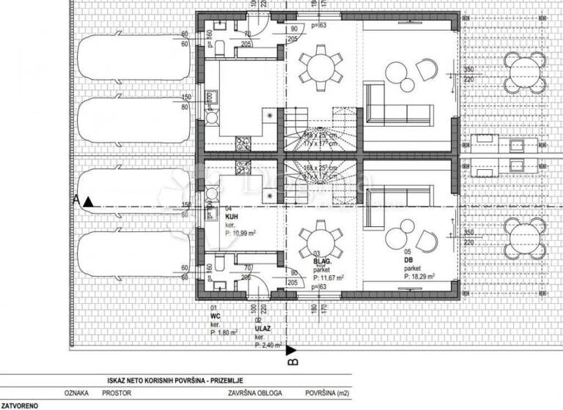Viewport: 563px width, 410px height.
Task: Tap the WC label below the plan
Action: click(214, 317)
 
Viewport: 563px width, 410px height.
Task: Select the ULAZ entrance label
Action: click(262, 329)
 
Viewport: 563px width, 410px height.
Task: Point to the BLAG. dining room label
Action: click(321, 261)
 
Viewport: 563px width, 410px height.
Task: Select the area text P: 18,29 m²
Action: click(419, 277)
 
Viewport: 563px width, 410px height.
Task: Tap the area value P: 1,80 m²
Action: click(225, 332)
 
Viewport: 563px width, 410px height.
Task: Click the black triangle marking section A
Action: click(88, 200)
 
